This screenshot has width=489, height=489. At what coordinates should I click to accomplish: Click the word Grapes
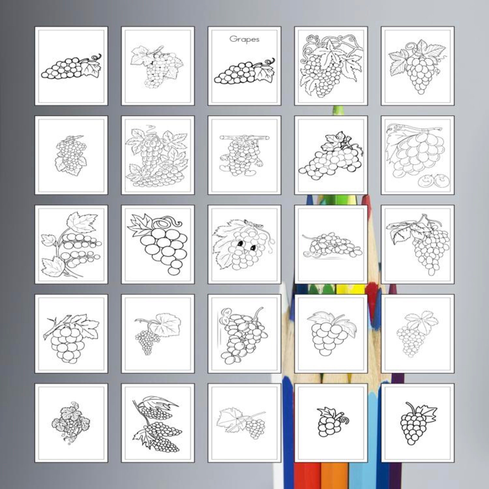point(244,39)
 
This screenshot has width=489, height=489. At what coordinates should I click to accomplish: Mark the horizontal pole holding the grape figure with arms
point(244,138)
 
